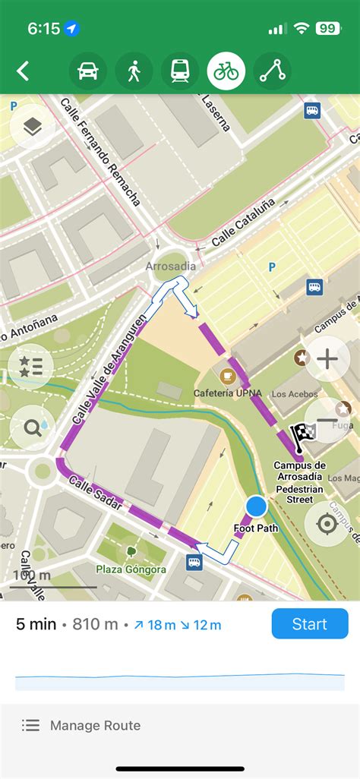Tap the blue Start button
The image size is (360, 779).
click(x=310, y=624)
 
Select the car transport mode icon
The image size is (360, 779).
click(x=87, y=71)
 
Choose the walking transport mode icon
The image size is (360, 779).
click(x=134, y=71)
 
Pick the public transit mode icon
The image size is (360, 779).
click(x=180, y=71)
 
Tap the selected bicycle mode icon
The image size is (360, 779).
click(x=226, y=71)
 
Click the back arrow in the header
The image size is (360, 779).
click(x=24, y=71)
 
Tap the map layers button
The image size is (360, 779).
click(x=32, y=128)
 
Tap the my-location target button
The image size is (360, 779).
click(x=327, y=524)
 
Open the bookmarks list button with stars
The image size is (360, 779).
click(x=32, y=366)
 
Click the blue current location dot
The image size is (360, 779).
click(x=257, y=506)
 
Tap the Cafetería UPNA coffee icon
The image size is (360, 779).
click(x=226, y=375)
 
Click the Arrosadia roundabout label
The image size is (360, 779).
click(x=171, y=266)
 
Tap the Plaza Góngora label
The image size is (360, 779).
click(x=131, y=569)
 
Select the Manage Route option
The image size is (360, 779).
click(x=95, y=725)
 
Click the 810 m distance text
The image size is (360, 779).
click(x=96, y=625)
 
